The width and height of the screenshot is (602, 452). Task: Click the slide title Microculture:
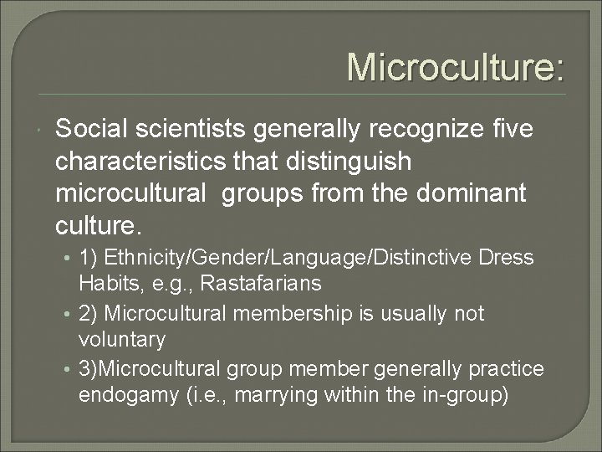(x=456, y=67)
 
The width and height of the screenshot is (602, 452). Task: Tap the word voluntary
(x=122, y=340)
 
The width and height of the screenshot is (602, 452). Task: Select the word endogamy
(x=126, y=396)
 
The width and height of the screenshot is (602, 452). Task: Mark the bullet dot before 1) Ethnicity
(x=71, y=258)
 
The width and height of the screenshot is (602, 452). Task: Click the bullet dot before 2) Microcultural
(x=71, y=314)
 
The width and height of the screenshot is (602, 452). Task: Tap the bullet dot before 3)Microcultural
(x=71, y=370)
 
